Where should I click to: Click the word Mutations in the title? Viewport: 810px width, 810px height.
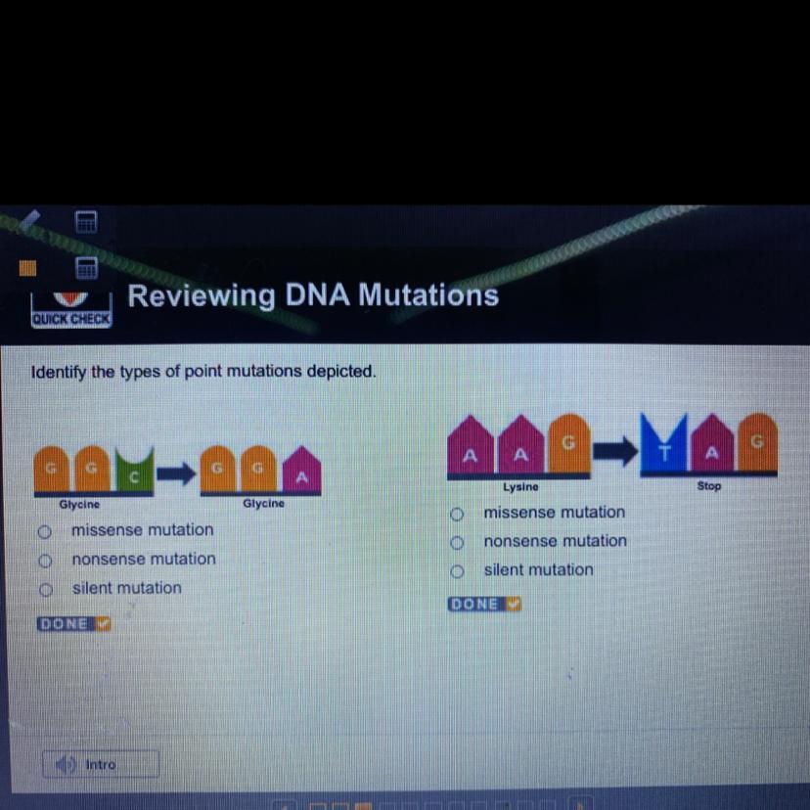tap(427, 294)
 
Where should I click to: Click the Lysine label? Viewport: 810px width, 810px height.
tap(520, 486)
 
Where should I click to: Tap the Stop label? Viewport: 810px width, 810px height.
tap(709, 486)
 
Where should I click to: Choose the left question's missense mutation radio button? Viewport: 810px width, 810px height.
tap(44, 531)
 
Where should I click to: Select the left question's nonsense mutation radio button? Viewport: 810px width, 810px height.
tap(44, 561)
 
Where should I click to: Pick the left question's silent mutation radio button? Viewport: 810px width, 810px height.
tap(44, 590)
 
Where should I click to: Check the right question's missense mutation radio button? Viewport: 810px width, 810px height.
tap(456, 514)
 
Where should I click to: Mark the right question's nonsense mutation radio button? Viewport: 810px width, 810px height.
tap(456, 542)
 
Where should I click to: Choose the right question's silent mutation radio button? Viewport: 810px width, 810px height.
tap(456, 571)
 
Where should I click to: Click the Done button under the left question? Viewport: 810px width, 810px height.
tap(74, 624)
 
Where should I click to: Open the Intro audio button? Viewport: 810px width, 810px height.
tap(101, 764)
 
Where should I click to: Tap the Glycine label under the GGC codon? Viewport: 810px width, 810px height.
tap(79, 505)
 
